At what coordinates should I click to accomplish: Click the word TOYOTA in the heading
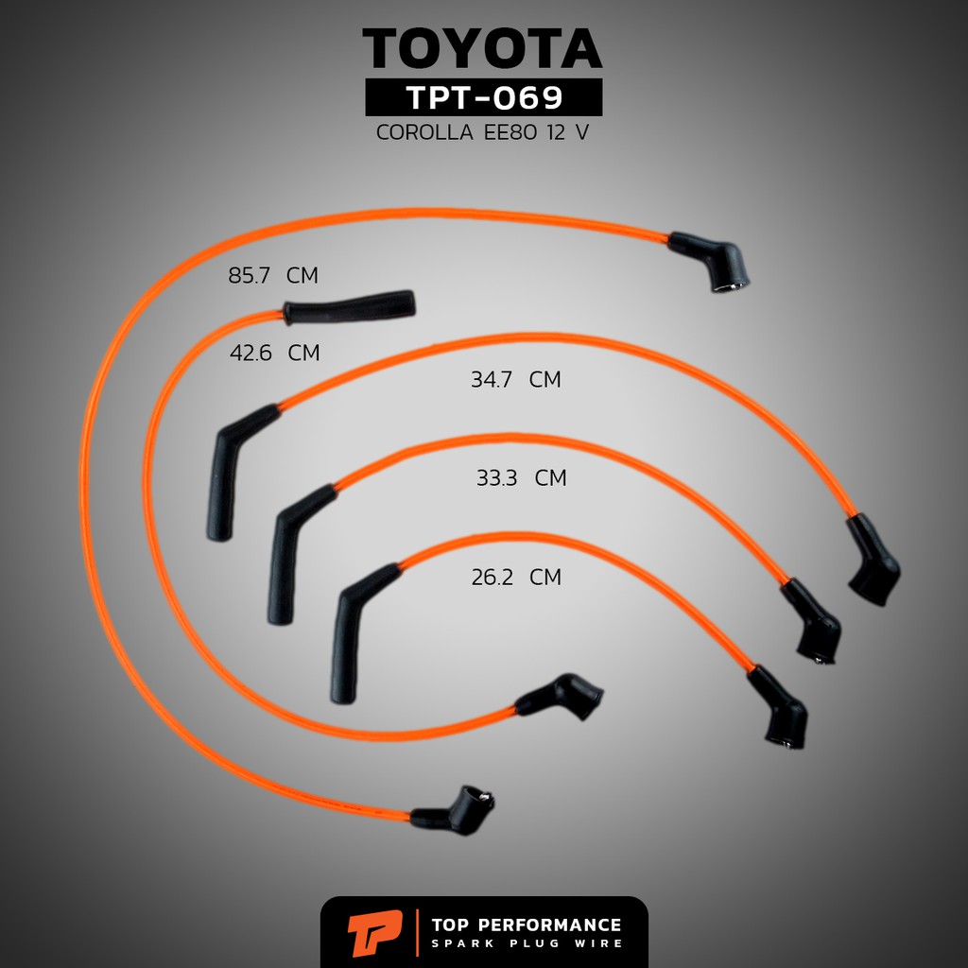pyautogui.click(x=482, y=48)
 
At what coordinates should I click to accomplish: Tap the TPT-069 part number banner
pyautogui.click(x=483, y=97)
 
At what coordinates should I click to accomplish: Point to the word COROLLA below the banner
pyautogui.click(x=424, y=132)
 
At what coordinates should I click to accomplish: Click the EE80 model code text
pyautogui.click(x=510, y=132)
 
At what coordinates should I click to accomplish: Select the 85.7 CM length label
pyautogui.click(x=273, y=275)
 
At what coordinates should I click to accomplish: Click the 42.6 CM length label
pyautogui.click(x=275, y=354)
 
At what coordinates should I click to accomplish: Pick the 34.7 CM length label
pyautogui.click(x=516, y=380)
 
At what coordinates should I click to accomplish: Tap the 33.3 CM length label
pyautogui.click(x=521, y=477)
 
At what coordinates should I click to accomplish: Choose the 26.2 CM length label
pyautogui.click(x=516, y=578)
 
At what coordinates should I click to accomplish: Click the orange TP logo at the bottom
pyautogui.click(x=374, y=933)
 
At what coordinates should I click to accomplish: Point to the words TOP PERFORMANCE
pyautogui.click(x=527, y=925)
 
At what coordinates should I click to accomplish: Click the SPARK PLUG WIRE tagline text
pyautogui.click(x=527, y=943)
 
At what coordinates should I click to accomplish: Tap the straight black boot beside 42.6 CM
pyautogui.click(x=349, y=307)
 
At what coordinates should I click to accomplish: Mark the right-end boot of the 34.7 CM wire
pyautogui.click(x=872, y=559)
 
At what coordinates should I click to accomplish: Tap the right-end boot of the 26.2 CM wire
pyautogui.click(x=779, y=707)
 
